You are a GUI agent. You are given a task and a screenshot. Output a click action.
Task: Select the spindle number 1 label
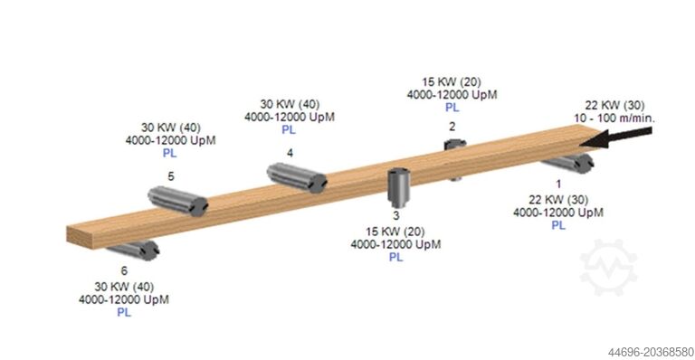tap(558, 184)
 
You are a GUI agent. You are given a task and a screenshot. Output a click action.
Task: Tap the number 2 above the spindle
tap(452, 127)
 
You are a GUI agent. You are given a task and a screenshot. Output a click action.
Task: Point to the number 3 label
tap(395, 215)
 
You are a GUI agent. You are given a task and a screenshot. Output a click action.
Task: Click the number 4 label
tap(290, 153)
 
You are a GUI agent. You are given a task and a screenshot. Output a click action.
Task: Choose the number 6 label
tap(124, 270)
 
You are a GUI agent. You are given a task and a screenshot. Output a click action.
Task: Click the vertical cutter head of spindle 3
tap(396, 187)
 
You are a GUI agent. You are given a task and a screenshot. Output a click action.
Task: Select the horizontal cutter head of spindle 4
tap(296, 176)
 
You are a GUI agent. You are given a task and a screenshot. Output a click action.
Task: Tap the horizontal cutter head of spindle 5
tap(177, 201)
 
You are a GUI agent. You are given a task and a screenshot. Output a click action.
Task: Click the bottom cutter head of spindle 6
tap(133, 251)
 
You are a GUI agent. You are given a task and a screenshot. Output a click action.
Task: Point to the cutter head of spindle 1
tap(567, 162)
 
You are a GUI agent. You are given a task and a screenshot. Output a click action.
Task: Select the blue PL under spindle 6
tap(124, 313)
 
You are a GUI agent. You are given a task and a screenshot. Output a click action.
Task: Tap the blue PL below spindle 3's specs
tap(395, 258)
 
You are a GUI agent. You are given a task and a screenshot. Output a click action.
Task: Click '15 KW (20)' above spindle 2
tap(452, 81)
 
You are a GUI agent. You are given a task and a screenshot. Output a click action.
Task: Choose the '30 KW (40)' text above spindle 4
tap(289, 102)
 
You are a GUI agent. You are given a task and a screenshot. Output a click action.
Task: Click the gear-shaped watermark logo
tap(608, 268)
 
